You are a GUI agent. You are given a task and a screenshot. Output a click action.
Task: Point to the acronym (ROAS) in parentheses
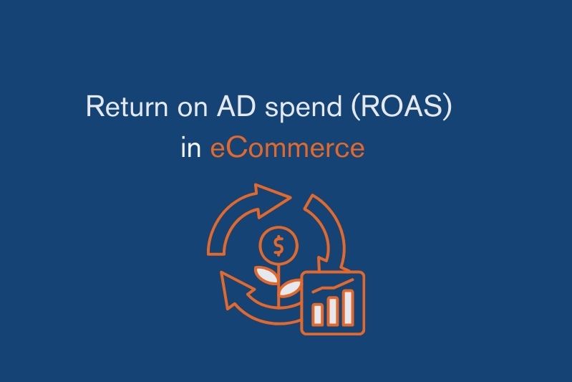(x=408, y=108)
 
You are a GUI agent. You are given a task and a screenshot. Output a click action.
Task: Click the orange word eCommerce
(x=287, y=148)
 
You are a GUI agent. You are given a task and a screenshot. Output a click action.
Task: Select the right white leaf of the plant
(x=291, y=287)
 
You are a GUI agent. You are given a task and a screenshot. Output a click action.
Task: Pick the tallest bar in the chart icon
(x=348, y=304)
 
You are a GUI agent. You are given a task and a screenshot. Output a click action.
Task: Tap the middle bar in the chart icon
(x=331, y=308)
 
